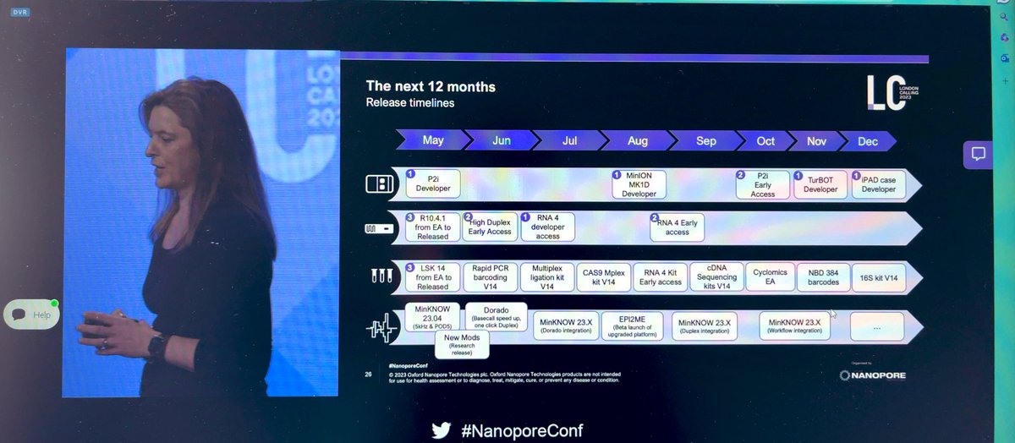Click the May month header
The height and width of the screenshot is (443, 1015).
[x=433, y=141]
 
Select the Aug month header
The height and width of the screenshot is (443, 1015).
[x=639, y=141]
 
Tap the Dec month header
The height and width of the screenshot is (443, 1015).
[x=867, y=141]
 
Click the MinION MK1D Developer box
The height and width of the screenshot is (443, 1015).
[x=639, y=184]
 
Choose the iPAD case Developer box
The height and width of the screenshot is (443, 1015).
[x=878, y=184]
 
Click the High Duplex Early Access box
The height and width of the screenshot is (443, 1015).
[x=490, y=227]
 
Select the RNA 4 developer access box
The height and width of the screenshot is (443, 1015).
[x=547, y=227]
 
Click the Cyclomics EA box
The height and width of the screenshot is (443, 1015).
[x=769, y=276]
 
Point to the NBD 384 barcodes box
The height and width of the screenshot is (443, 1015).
[x=823, y=276]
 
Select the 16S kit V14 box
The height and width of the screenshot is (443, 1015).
[x=878, y=276]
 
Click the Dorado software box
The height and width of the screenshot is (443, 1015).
[x=497, y=315]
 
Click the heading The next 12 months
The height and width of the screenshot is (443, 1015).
[x=431, y=86]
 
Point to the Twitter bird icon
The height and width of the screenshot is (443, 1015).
[x=441, y=430]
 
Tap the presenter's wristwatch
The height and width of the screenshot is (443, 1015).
[x=157, y=345]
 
